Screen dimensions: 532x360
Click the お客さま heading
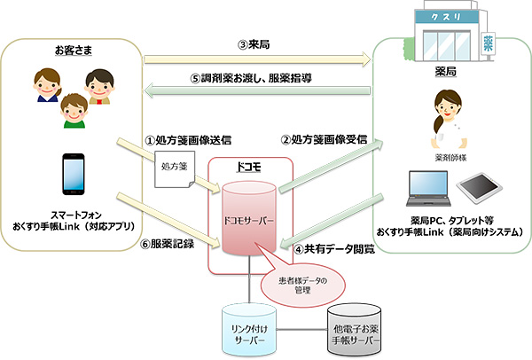click(74, 51)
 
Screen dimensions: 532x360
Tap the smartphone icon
click(74, 175)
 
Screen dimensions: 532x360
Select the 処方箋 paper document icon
click(175, 169)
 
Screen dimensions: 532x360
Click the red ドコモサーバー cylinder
click(248, 218)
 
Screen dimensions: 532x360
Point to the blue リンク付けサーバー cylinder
click(249, 330)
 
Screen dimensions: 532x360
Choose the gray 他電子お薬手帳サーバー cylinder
click(355, 330)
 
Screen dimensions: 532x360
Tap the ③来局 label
click(254, 44)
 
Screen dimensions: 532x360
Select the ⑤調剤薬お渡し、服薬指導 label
click(252, 78)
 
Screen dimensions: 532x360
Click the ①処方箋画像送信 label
click(188, 140)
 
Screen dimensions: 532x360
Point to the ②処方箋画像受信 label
click(324, 139)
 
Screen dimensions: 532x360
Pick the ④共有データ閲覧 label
click(334, 249)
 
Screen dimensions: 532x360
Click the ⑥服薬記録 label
click(167, 244)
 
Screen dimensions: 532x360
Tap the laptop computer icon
click(428, 188)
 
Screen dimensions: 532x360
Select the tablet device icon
click(479, 188)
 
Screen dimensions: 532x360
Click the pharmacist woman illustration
click(448, 120)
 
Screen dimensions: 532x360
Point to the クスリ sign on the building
click(446, 17)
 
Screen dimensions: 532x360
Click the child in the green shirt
click(74, 111)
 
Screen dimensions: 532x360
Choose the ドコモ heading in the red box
click(248, 167)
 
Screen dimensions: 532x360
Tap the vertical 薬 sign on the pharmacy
click(489, 43)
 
